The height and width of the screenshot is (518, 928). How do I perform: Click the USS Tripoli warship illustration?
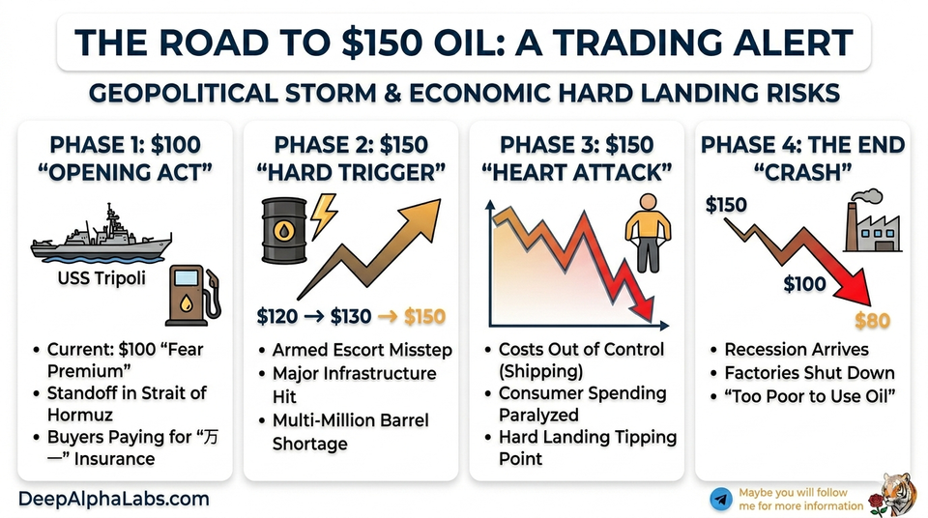101,236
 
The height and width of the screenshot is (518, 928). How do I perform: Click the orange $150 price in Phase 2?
424,316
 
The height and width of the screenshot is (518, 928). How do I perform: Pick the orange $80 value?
873,321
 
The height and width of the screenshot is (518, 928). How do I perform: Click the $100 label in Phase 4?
804,283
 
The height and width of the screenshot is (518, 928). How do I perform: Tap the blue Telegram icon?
720,499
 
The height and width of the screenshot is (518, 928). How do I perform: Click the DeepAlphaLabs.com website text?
114,499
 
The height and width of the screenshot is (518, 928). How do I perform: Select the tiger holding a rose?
897,493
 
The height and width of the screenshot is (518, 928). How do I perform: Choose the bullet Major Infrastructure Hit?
347,384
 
